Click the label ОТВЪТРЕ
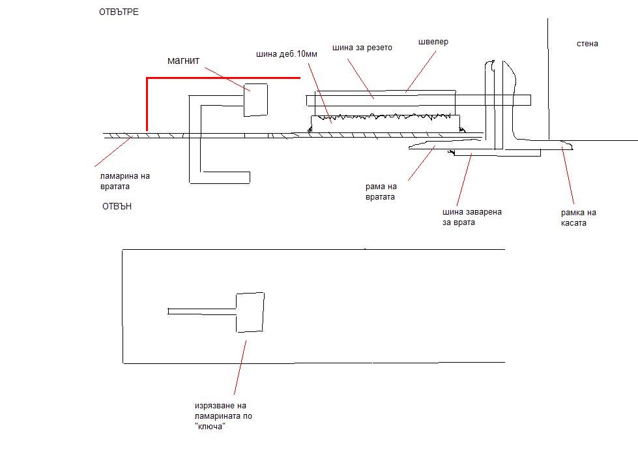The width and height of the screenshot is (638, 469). point(119,12)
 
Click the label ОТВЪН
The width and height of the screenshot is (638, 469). point(117,206)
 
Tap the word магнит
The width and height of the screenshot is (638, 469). point(184,61)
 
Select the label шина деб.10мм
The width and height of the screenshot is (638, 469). point(287,54)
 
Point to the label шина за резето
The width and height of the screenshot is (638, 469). point(362,48)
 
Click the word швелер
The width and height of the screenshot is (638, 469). point(433,42)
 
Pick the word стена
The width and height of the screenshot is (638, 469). point(587,44)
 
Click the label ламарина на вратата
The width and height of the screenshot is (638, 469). point(125,181)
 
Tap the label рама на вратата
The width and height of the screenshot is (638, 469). point(381,192)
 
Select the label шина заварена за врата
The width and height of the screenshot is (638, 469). point(472,217)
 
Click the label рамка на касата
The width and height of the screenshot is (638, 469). point(578,218)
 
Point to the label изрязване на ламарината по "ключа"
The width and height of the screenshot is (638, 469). point(224,416)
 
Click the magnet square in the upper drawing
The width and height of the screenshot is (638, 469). point(255,100)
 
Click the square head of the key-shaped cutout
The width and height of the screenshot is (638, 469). point(250,312)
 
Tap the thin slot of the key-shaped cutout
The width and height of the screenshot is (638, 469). point(202,311)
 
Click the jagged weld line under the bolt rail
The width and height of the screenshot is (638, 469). point(384,117)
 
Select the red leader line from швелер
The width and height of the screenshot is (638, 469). point(421,71)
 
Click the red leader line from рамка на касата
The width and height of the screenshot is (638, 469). point(568,175)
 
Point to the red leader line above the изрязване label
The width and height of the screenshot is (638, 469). point(240,368)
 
